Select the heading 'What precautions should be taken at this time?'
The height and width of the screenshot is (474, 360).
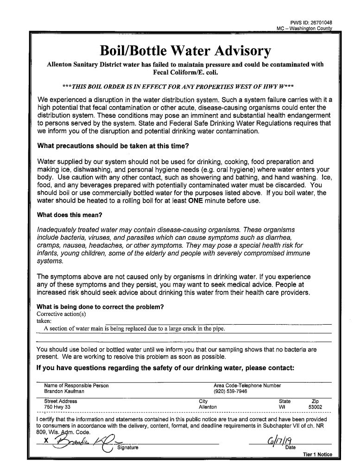113,146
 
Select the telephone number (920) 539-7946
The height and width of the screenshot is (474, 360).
230,391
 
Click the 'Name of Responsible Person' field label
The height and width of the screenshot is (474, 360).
76,385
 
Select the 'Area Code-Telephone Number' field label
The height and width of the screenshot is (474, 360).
246,385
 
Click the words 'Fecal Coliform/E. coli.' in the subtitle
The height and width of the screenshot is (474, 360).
180,72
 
